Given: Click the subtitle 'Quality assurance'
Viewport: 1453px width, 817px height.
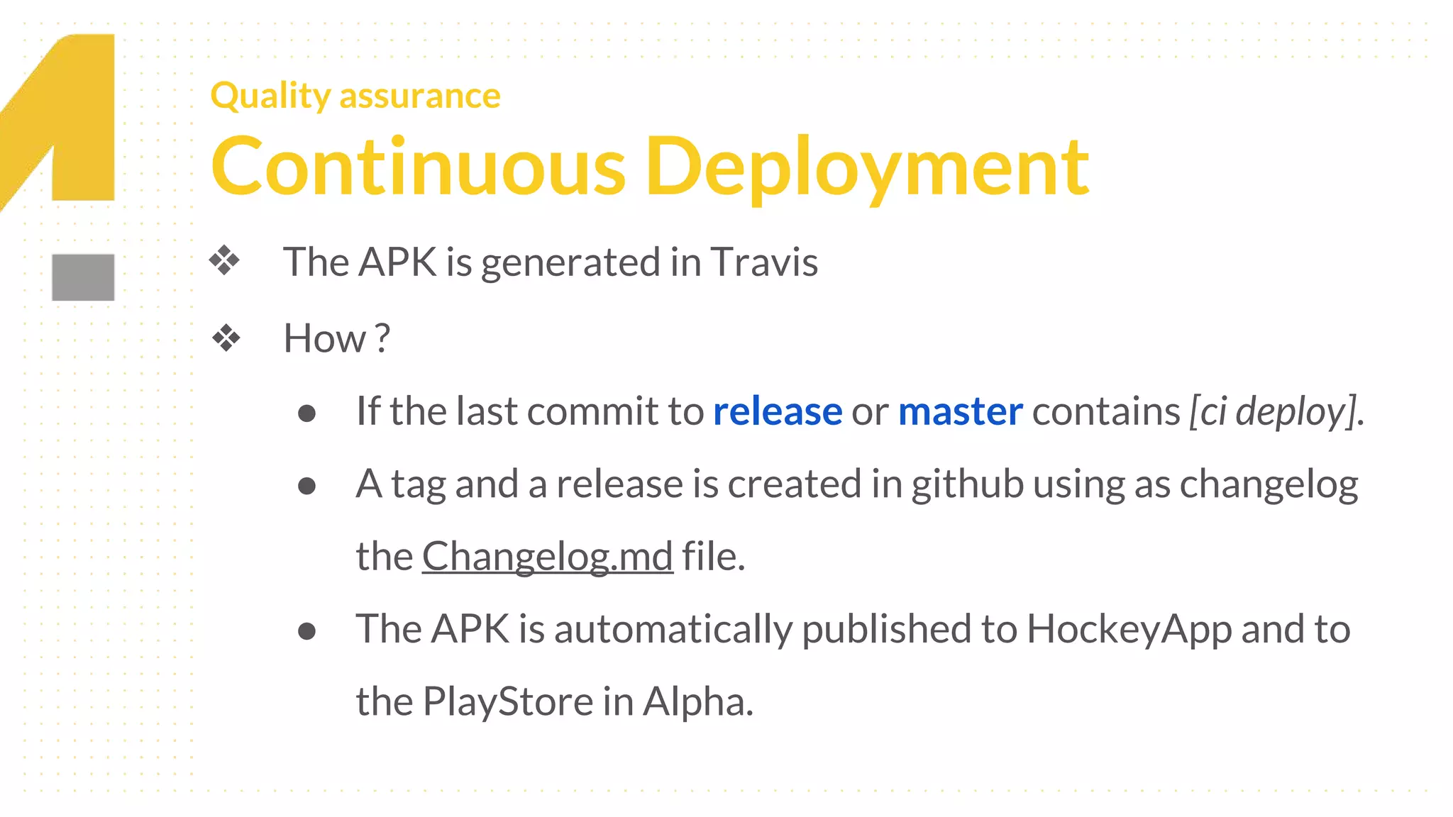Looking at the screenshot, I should (x=355, y=96).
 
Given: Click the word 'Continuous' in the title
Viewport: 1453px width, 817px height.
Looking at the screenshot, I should (x=419, y=167).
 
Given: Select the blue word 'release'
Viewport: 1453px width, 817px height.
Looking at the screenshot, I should (x=778, y=411).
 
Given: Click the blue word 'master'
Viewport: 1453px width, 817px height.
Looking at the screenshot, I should (x=960, y=411).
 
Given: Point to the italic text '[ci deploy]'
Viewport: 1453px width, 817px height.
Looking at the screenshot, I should (x=1274, y=411).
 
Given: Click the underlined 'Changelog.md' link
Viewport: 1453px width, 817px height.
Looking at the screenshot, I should (x=547, y=556).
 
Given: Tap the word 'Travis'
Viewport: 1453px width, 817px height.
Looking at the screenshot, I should (x=764, y=262).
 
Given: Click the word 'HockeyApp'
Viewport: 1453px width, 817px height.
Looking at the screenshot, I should (x=1129, y=629).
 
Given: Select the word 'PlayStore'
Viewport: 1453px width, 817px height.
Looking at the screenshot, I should (x=508, y=701).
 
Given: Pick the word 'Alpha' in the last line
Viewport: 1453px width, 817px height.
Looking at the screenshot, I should (x=697, y=701).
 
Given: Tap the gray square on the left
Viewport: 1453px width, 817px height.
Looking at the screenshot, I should (x=83, y=277).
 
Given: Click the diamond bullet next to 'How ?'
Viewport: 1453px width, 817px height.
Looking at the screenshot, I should (x=226, y=338).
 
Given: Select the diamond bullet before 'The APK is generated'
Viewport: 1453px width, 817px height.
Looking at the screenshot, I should (x=225, y=261).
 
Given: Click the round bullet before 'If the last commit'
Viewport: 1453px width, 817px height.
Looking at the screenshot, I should (x=306, y=413).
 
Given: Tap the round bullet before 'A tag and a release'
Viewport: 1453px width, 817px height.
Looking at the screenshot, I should (x=306, y=487).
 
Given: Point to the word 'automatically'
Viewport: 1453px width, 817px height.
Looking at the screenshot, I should (x=673, y=629).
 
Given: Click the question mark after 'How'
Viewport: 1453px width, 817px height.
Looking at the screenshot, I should (x=382, y=338).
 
